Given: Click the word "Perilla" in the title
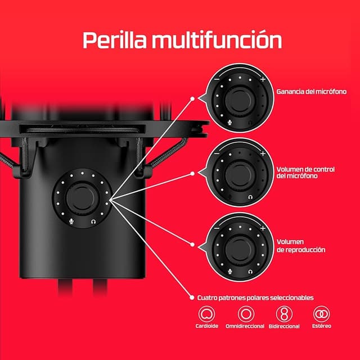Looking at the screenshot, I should click(x=114, y=40).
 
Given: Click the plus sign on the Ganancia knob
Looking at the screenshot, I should click(x=263, y=79).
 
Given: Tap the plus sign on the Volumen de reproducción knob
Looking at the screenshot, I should click(x=263, y=227).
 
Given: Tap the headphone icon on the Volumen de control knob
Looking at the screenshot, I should click(x=248, y=197).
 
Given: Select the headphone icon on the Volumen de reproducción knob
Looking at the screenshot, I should click(x=249, y=271).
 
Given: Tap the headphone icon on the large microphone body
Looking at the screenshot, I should click(x=93, y=221).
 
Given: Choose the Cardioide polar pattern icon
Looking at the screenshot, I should click(x=208, y=313).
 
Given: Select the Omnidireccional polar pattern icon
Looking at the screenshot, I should click(x=245, y=313).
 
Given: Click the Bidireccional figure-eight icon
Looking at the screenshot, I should click(x=284, y=313).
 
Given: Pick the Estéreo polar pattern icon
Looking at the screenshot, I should click(x=322, y=313).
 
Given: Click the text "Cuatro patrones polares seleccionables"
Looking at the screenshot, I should click(x=255, y=297).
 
